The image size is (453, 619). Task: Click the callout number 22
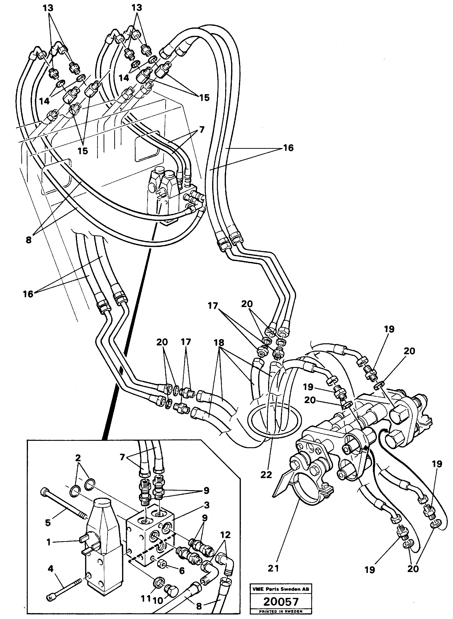click(x=266, y=475)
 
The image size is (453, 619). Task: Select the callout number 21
click(x=273, y=568)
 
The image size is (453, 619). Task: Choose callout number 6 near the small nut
click(x=181, y=571)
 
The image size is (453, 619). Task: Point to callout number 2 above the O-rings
click(x=78, y=458)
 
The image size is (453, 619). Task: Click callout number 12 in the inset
click(x=225, y=535)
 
